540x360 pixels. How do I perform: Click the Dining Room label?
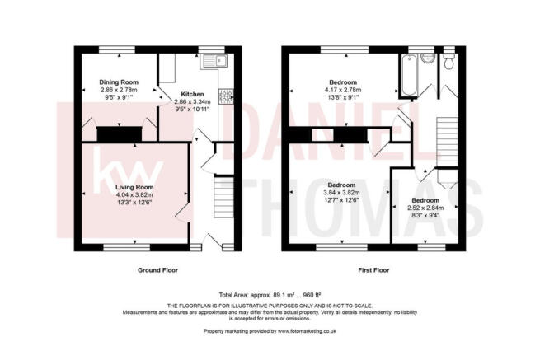(x=118, y=82)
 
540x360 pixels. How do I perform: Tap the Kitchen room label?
(x=192, y=95)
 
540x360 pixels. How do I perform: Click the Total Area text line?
(x=270, y=295)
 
